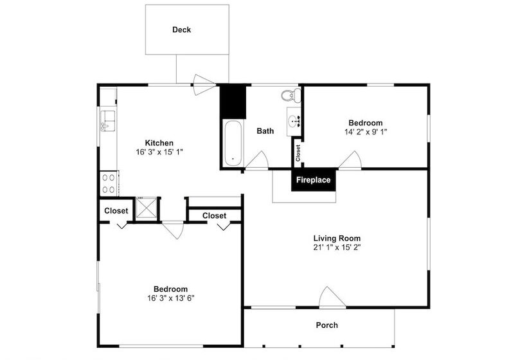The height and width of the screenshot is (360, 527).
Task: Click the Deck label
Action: coord(181,30)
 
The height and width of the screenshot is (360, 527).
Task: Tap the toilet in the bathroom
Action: coord(291,94)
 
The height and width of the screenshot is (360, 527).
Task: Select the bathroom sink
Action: coord(294,122)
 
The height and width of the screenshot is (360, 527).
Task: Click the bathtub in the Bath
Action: coord(233,143)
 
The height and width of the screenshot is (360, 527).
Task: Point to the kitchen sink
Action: coord(107,121)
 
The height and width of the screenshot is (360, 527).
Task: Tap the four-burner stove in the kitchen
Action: coord(109,183)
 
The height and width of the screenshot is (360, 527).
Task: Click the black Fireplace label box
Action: coord(313,180)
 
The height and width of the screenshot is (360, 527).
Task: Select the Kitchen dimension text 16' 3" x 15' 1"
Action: coord(159,152)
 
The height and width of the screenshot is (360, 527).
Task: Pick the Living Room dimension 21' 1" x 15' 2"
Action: coord(337,248)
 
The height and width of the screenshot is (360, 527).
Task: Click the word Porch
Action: coord(327,325)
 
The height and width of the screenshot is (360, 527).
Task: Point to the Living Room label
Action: coord(337,239)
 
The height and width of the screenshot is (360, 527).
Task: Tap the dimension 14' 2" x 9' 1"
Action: coord(366,132)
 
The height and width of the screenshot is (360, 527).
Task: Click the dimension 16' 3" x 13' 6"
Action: coord(171,298)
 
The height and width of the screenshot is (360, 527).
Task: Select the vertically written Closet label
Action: coord(298,153)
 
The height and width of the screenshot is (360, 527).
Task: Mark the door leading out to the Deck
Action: coord(204,85)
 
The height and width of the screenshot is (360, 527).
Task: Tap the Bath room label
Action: coord(265,130)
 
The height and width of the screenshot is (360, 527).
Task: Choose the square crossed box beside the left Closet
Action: coord(146,208)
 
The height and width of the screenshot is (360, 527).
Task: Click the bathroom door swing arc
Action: coord(258,160)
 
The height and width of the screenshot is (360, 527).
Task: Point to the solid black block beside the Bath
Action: coord(233,102)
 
